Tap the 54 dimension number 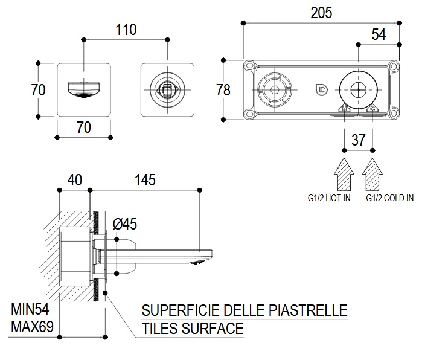[379, 34]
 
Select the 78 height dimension [223, 90]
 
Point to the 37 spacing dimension [359, 140]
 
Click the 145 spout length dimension [144, 180]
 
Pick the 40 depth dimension [74, 180]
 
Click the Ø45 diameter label [125, 224]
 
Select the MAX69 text [33, 328]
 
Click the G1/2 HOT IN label [328, 198]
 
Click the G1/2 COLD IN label [389, 198]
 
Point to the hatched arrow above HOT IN [344, 173]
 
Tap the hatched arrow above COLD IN [373, 173]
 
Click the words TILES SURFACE [193, 329]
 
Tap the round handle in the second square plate [167, 90]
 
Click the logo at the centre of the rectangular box [321, 90]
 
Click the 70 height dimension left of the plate [38, 90]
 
